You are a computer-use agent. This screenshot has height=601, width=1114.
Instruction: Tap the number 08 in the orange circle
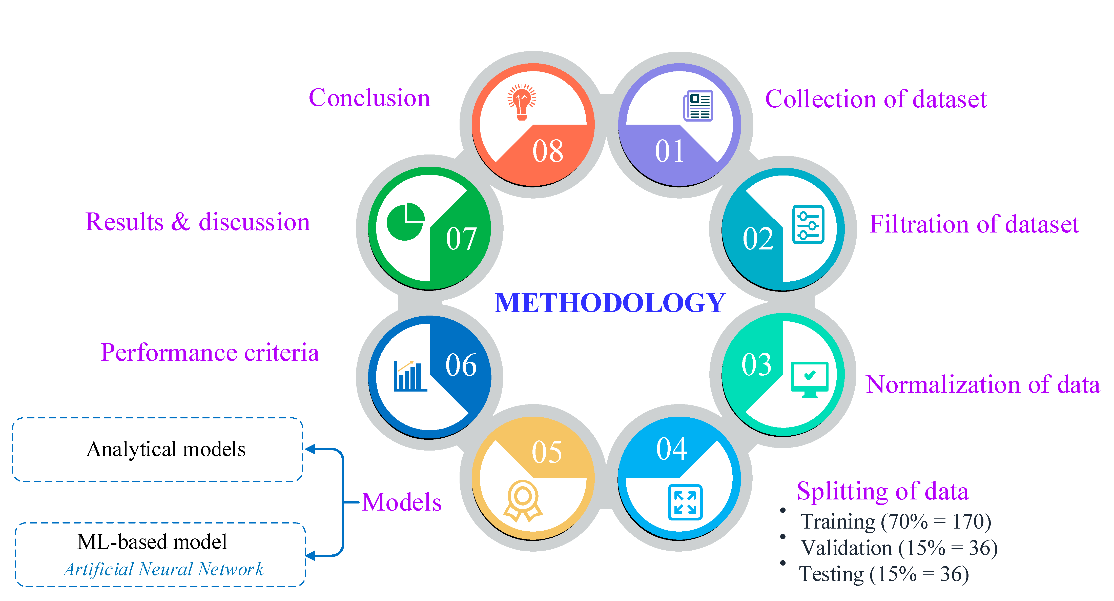coord(547,151)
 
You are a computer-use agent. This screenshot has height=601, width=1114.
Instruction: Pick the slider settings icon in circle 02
coord(808,225)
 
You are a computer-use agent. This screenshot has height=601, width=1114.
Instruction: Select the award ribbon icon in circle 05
coord(522,501)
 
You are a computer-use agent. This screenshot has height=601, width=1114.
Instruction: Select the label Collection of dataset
coord(876,99)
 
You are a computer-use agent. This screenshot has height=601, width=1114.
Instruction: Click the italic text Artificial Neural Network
coord(163,569)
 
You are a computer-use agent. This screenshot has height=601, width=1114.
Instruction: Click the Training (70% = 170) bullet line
coord(895,521)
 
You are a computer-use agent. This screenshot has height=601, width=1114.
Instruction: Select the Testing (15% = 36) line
coord(883,574)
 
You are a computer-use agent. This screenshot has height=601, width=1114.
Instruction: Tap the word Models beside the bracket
coord(401,502)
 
